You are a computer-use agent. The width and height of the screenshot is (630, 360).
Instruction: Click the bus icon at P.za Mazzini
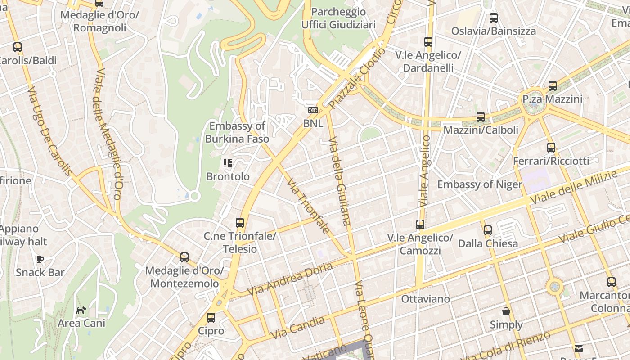(552, 85)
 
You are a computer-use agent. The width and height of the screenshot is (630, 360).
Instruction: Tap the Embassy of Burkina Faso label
(237, 132)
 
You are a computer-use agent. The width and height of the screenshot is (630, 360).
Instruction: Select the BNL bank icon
(313, 110)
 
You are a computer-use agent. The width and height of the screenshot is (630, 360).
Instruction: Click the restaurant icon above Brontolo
(228, 163)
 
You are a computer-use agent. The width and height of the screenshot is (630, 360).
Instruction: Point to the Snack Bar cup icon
(40, 259)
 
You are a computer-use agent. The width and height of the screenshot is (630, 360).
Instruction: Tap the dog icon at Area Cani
(81, 310)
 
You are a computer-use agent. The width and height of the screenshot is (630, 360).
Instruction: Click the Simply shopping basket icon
(506, 311)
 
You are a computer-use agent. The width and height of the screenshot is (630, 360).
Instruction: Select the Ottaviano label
(425, 299)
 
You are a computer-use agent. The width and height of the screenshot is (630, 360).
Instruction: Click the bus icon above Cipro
(211, 318)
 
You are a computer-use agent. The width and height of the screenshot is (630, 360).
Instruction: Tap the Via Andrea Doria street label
(290, 279)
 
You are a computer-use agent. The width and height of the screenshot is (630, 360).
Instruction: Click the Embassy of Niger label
(480, 184)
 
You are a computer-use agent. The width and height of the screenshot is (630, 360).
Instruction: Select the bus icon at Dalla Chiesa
(487, 230)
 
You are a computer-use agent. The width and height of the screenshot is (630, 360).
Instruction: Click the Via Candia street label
(298, 328)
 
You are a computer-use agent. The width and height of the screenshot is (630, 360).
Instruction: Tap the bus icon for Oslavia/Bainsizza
(494, 18)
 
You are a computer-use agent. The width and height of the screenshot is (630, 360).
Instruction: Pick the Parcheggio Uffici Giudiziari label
(338, 18)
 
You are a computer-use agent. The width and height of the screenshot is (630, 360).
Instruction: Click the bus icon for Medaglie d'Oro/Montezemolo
(184, 257)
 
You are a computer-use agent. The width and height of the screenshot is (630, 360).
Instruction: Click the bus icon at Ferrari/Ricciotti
(551, 147)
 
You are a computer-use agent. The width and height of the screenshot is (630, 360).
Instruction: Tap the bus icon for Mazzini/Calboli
(481, 117)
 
